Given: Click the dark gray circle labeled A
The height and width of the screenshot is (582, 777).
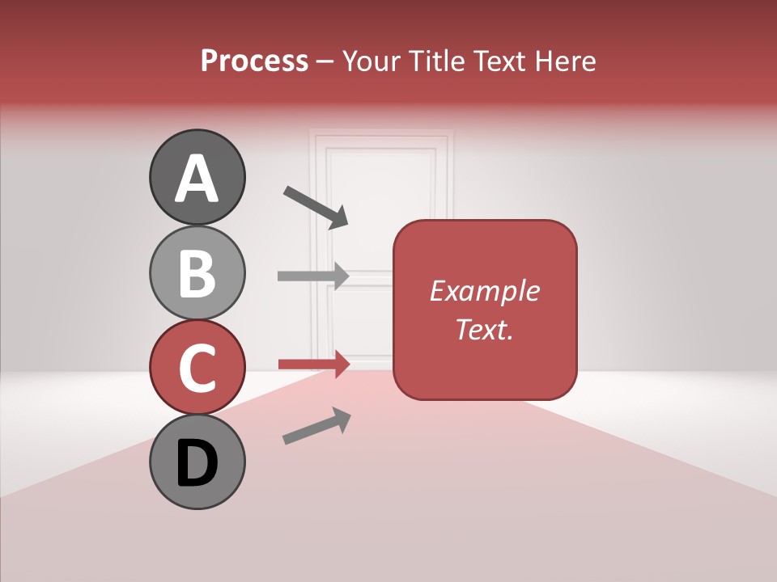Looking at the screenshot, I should point(197,177).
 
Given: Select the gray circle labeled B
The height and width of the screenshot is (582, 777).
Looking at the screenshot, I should point(197,272).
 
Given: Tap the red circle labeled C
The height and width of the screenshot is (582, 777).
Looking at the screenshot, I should point(197,367).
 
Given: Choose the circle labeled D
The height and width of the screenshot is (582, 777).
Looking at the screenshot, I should point(197,462).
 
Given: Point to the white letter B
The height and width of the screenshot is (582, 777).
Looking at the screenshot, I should point(197,273).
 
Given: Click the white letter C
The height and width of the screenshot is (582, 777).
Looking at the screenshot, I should point(197,368).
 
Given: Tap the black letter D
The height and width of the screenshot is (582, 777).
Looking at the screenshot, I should point(197,463).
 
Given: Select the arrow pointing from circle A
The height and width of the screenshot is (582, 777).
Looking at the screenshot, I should point(316,206).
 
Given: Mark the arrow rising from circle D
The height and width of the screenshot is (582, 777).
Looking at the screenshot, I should point(316,426).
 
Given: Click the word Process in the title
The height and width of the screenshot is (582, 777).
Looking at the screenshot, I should point(254,61).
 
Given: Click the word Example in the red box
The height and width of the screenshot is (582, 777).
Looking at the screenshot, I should point(484,291).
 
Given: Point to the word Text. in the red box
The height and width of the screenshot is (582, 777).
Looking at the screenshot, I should point(484,329).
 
